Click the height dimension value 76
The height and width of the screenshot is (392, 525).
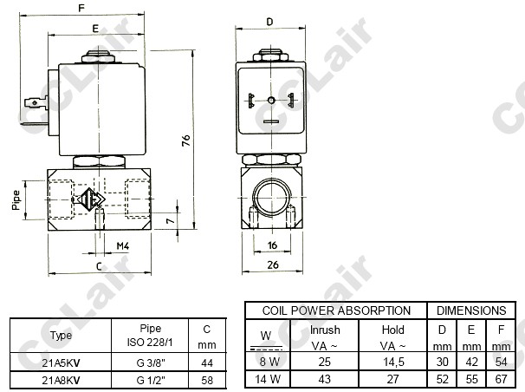(x=186, y=140)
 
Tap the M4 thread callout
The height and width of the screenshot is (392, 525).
(x=122, y=246)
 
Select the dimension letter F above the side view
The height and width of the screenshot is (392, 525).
(x=81, y=7)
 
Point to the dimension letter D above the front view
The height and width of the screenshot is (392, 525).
(x=270, y=22)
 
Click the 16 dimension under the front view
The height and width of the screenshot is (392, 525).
(x=272, y=245)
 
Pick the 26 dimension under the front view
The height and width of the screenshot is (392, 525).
(x=273, y=265)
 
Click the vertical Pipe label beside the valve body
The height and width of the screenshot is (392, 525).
(x=16, y=200)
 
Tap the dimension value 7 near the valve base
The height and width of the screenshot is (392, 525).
(x=171, y=221)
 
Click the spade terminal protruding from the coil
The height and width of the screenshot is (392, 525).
(x=36, y=102)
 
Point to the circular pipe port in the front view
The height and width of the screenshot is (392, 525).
(x=271, y=198)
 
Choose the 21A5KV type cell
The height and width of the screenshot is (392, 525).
(x=61, y=363)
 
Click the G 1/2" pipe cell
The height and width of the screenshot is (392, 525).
(x=151, y=380)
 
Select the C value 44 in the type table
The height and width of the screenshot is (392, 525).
(x=207, y=363)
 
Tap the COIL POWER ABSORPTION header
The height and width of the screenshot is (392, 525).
(x=336, y=310)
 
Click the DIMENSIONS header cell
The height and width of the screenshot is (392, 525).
(x=471, y=310)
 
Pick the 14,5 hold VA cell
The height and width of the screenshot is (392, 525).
(x=393, y=363)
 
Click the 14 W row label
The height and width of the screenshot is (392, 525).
(x=268, y=379)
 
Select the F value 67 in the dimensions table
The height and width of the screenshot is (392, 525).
(x=502, y=379)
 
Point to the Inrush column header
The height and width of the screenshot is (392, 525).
(x=325, y=330)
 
